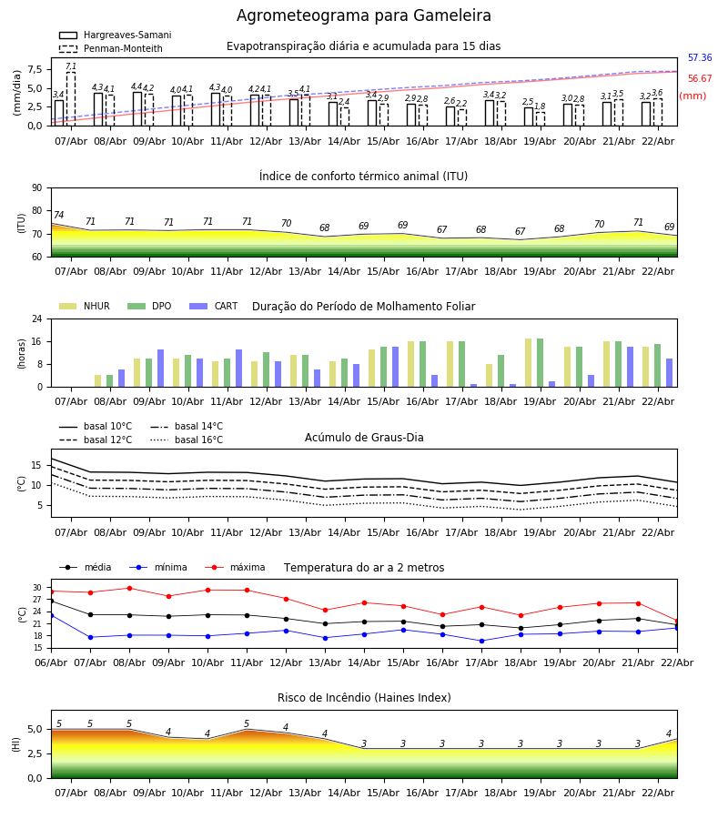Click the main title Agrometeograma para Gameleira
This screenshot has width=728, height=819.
364,16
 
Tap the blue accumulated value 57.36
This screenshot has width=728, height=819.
700,58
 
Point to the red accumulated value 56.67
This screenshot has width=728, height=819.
700,79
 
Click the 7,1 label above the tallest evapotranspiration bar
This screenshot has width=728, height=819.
71,66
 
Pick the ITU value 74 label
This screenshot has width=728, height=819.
58,216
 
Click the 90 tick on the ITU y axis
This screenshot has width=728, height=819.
36,187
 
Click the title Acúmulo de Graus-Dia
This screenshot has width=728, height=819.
364,438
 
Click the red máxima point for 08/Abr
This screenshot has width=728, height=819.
129,588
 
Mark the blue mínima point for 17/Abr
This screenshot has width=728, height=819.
481,641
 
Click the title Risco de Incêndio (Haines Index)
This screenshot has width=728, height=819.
364,698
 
